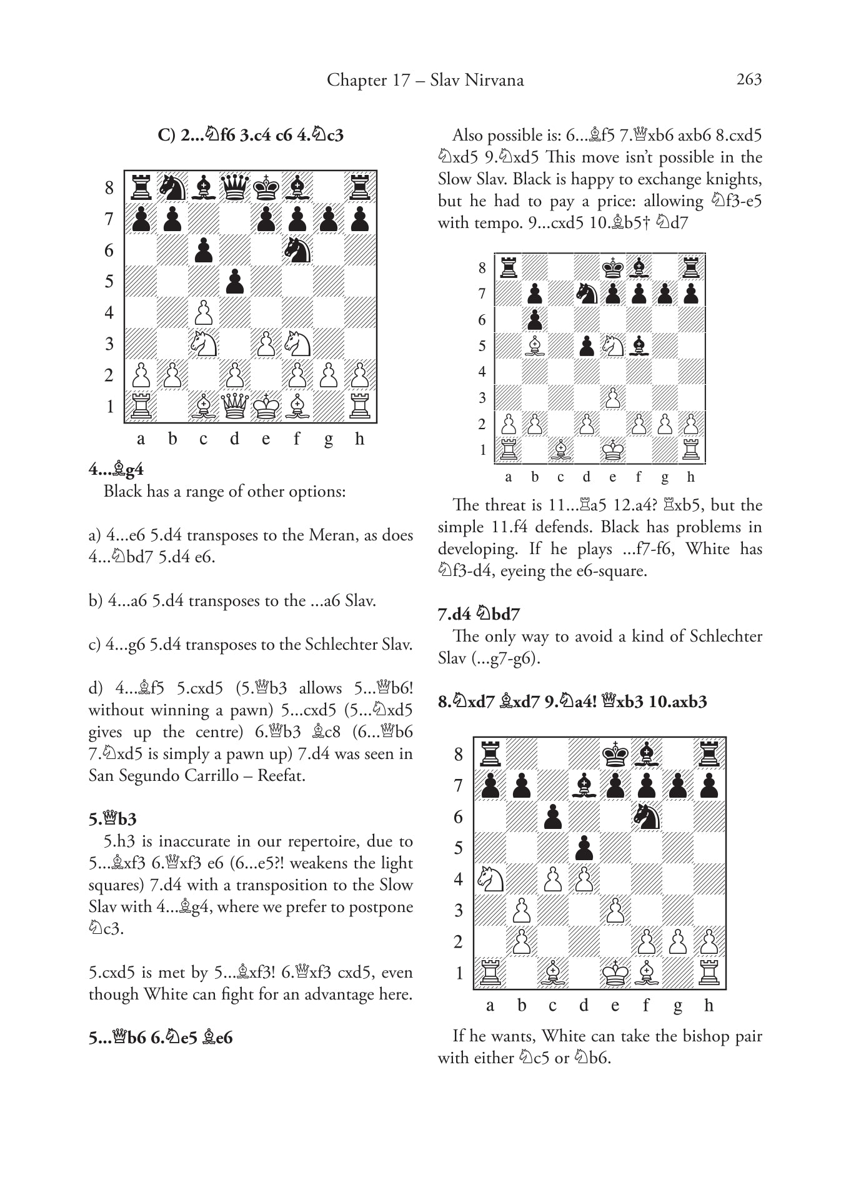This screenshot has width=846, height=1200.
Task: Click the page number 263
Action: [x=749, y=79]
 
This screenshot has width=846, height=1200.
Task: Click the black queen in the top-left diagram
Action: [x=235, y=187]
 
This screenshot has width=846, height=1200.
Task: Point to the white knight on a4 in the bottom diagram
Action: [x=490, y=879]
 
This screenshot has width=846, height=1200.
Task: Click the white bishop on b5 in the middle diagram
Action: [x=534, y=346]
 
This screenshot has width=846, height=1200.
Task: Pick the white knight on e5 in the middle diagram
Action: [x=612, y=346]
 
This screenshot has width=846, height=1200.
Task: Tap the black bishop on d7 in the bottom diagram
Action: [x=584, y=785]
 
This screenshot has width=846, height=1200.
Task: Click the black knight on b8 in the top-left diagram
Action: [x=172, y=187]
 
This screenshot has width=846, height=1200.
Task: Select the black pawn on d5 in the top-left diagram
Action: [x=235, y=281]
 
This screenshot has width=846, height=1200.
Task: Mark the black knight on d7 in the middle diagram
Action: [x=586, y=294]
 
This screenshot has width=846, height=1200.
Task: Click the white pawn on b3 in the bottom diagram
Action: [x=521, y=910]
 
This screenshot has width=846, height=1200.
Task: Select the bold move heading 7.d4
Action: [x=454, y=614]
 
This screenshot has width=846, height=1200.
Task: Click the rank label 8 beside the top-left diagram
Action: [x=109, y=187]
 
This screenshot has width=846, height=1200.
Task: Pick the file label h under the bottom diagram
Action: [x=708, y=1005]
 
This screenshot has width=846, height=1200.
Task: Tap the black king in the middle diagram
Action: [x=612, y=267]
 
